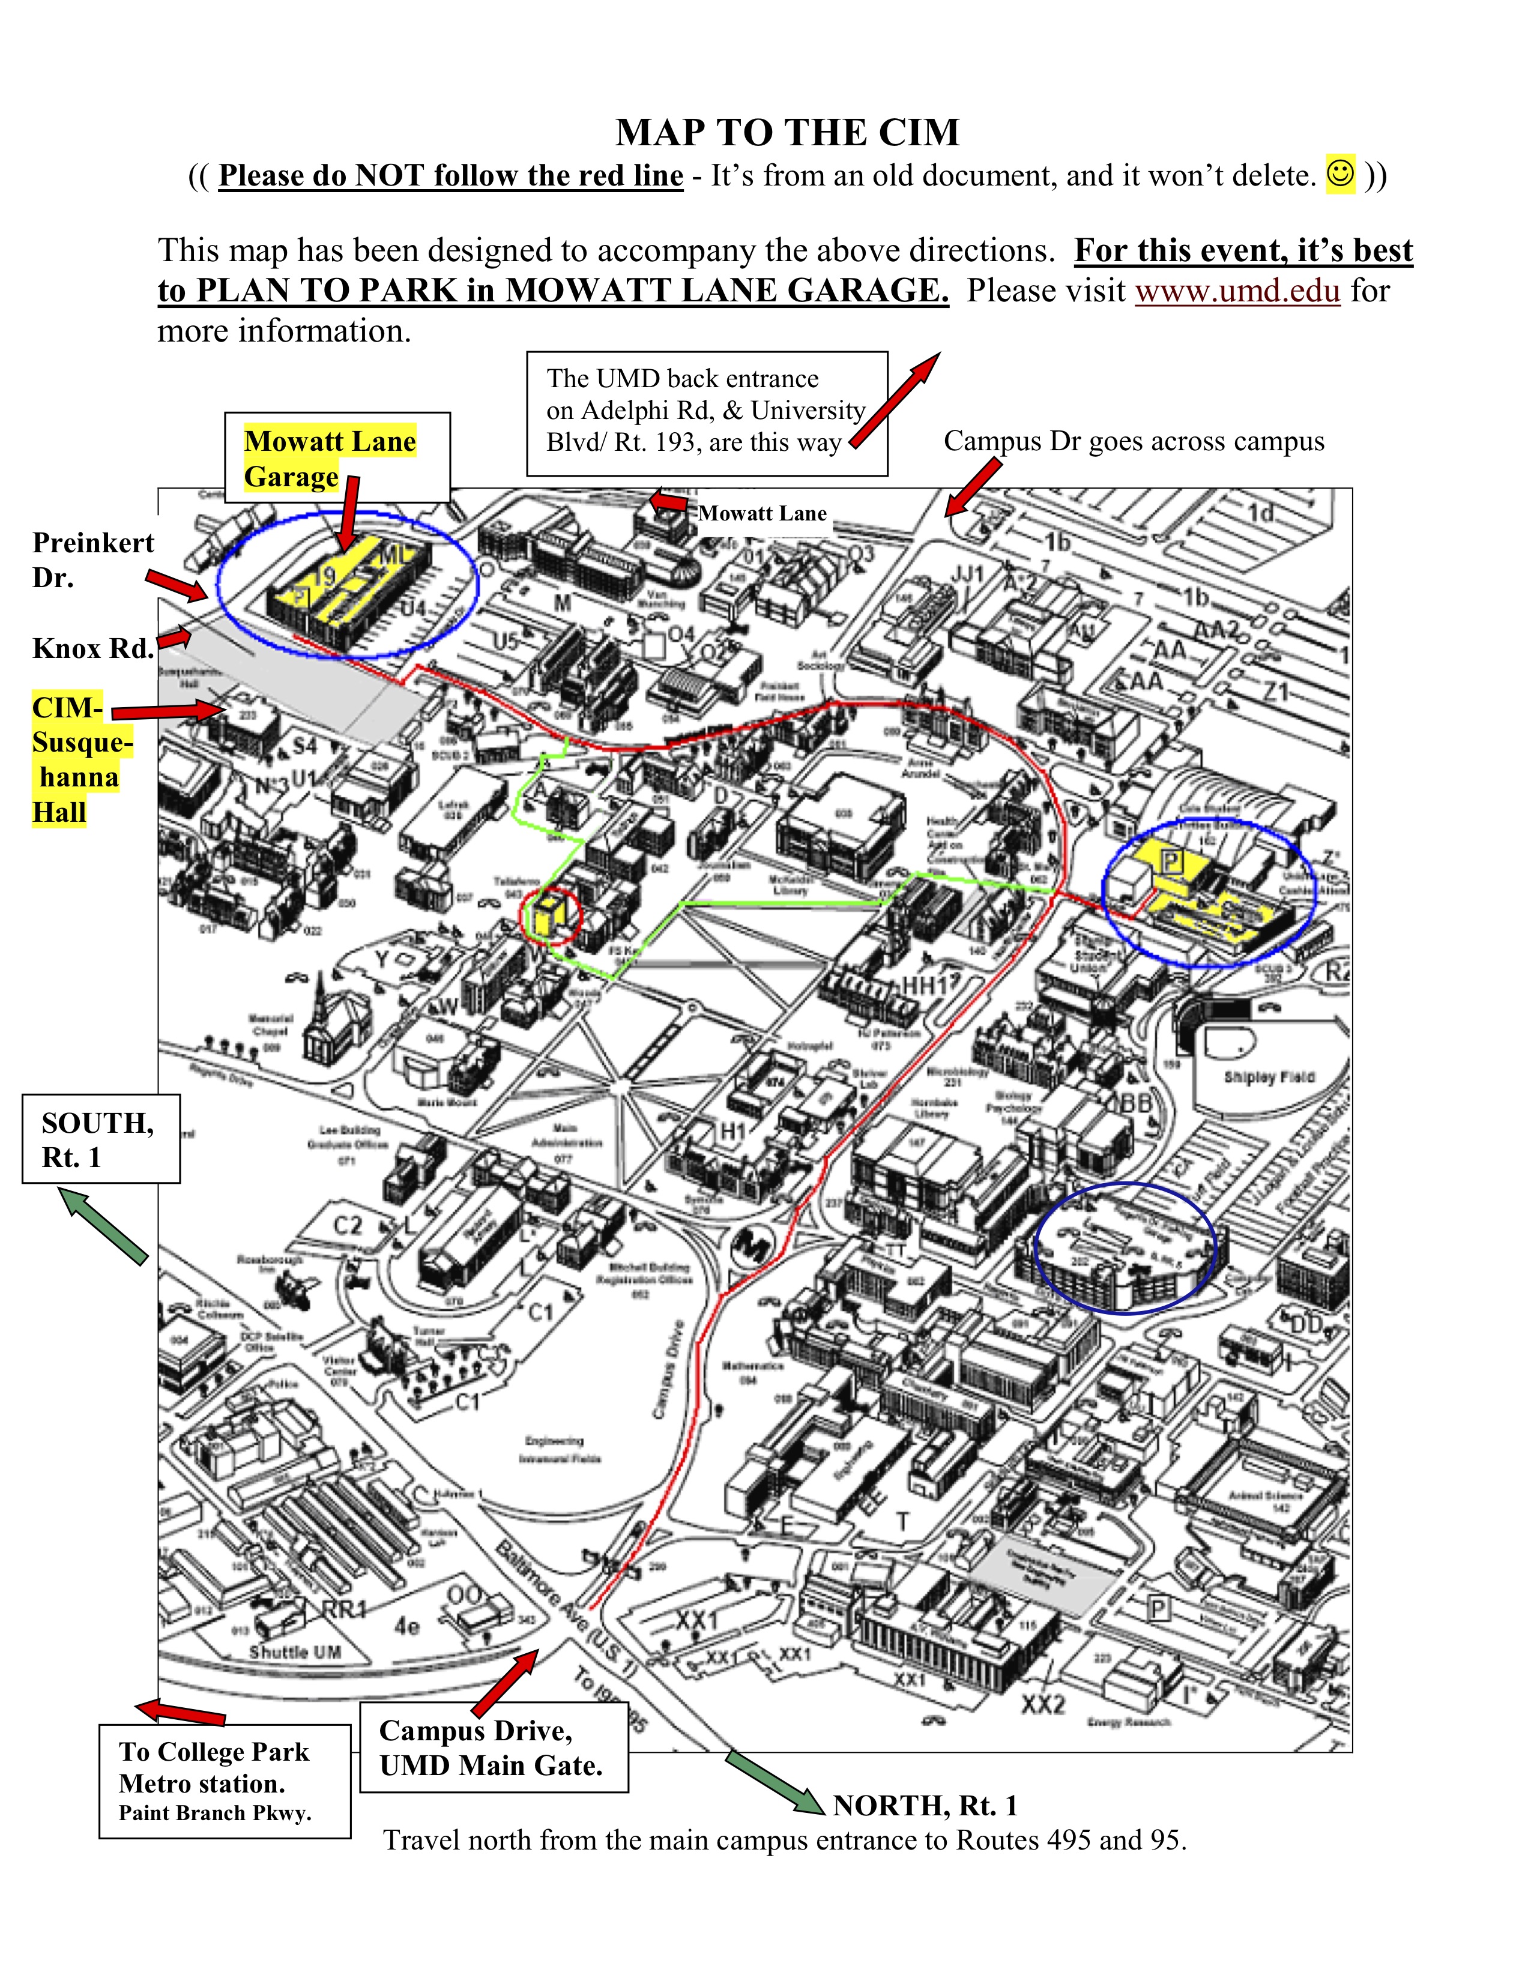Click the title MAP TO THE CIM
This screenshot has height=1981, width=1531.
pyautogui.click(x=787, y=133)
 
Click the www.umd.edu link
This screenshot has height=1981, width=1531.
pyautogui.click(x=1237, y=291)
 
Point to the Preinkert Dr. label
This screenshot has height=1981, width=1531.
pyautogui.click(x=92, y=559)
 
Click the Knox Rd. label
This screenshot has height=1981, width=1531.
pyautogui.click(x=92, y=648)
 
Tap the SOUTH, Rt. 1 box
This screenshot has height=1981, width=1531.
pyautogui.click(x=101, y=1139)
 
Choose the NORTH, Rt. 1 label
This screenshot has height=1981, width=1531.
pyautogui.click(x=925, y=1806)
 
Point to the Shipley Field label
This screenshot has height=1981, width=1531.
pyautogui.click(x=1268, y=1077)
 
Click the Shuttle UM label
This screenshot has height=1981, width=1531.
pyautogui.click(x=295, y=1652)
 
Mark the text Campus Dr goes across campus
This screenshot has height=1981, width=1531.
pyautogui.click(x=1134, y=442)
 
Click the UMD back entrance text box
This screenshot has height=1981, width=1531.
pyautogui.click(x=707, y=414)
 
